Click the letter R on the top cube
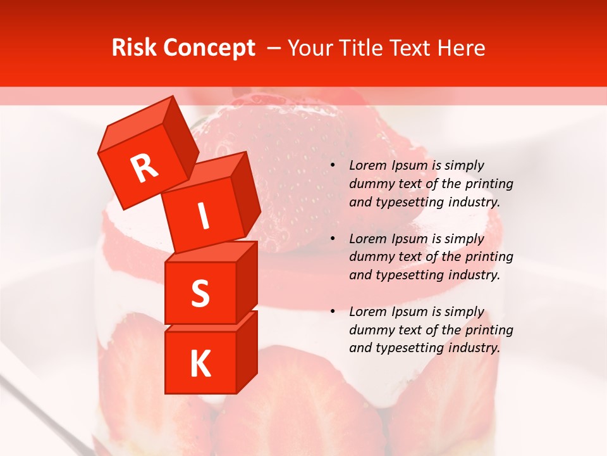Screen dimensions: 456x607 [144, 168]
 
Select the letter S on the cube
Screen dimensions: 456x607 [200, 293]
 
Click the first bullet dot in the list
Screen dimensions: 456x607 [333, 166]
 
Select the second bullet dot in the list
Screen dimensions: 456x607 [333, 239]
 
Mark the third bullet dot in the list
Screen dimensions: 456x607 [333, 312]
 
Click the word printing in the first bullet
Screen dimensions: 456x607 [491, 184]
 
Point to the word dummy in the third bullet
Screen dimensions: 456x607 [370, 330]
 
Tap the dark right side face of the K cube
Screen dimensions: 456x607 [247, 351]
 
